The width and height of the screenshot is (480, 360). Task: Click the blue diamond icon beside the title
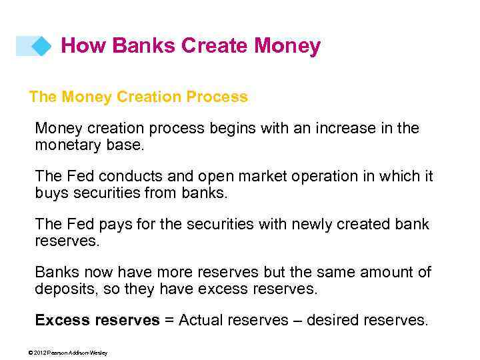point(41,46)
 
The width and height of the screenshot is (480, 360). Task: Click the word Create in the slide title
point(214,46)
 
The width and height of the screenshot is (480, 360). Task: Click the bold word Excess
point(62,321)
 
